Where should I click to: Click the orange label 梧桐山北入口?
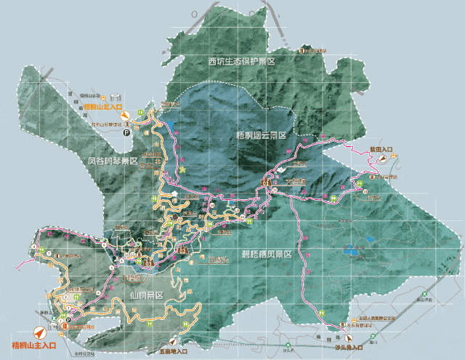(102, 107)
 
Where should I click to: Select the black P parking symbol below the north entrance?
(126, 132)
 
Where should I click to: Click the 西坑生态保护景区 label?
(241, 61)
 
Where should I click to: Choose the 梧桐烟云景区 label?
(264, 135)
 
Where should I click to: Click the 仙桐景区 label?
(147, 297)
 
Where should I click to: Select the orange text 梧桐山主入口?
(33, 345)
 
